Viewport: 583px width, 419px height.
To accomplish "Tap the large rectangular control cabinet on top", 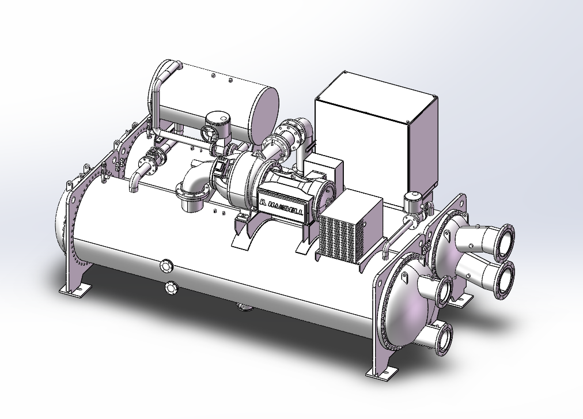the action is point(376,132).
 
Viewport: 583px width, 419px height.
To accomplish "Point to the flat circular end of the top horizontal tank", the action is point(265,113).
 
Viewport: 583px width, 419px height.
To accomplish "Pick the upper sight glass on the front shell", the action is point(166,266).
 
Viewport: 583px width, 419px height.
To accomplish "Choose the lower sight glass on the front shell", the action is point(171,288).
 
